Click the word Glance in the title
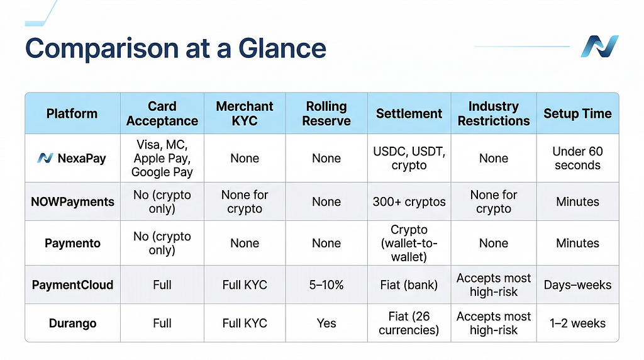tap(282, 48)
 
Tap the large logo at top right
tap(599, 46)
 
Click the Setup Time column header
tap(577, 113)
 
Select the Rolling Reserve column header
tap(326, 113)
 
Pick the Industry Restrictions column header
tap(494, 113)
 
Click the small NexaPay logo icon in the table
tap(45, 158)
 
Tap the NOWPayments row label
tap(73, 202)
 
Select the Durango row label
tap(73, 323)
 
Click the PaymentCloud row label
tap(73, 285)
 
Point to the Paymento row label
tap(73, 244)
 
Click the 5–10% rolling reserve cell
tap(326, 285)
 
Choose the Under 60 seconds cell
tap(577, 158)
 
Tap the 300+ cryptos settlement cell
tap(409, 202)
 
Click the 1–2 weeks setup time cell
tap(577, 323)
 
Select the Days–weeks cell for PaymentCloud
tap(577, 285)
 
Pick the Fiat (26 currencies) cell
tap(409, 323)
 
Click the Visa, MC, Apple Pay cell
tap(162, 158)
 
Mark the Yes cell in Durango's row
tap(326, 323)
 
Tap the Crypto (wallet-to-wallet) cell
tap(409, 244)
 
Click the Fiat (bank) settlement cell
tap(409, 285)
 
